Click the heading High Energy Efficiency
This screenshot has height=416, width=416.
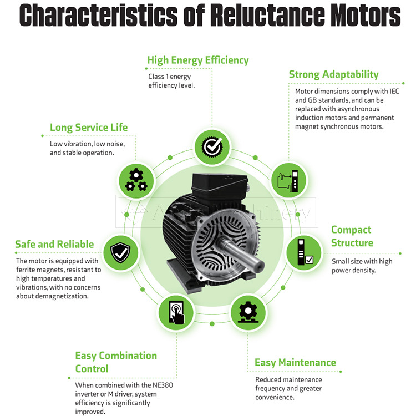tap(197, 60)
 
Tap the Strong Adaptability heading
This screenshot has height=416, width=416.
tap(333, 74)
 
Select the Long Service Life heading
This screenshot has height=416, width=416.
tap(89, 127)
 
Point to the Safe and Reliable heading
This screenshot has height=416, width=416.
tap(54, 244)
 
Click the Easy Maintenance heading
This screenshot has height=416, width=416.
tap(295, 363)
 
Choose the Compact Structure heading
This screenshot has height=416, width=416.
tap(352, 236)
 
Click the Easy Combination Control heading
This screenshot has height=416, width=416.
tap(116, 362)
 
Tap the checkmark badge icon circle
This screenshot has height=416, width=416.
tap(211, 147)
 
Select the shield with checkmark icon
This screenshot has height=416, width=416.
tap(120, 252)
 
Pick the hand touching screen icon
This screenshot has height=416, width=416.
tap(175, 312)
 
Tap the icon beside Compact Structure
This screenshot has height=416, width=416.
tap(303, 252)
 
